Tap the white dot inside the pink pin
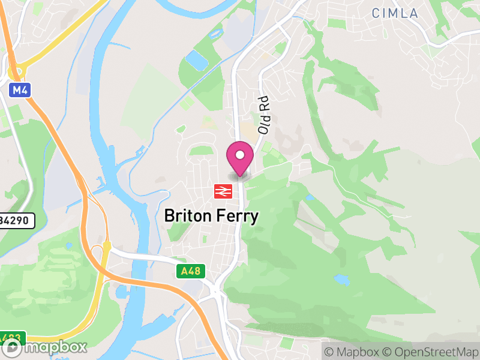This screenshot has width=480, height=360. [x=240, y=155]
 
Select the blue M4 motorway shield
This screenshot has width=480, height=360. [x=19, y=91]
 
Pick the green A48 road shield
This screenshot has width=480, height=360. [x=192, y=272]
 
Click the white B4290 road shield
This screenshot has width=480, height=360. [x=16, y=221]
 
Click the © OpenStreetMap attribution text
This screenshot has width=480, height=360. [x=430, y=352]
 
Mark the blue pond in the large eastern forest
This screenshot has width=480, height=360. [x=341, y=279]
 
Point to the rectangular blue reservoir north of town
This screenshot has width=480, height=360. [x=196, y=59]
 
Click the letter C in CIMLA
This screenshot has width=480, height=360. [x=376, y=13]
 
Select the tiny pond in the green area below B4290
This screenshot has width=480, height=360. [x=68, y=245]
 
